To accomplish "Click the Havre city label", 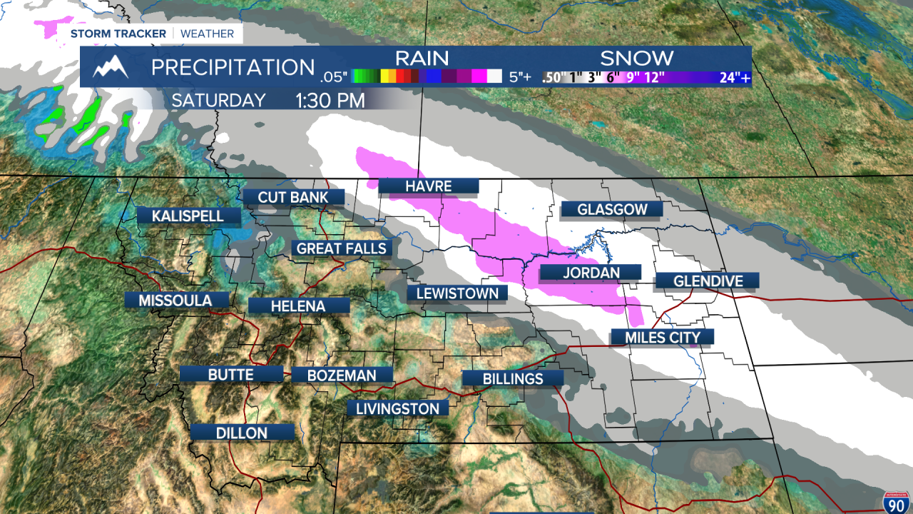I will (428, 186).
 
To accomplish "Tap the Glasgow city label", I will (612, 209).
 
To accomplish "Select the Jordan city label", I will (590, 272).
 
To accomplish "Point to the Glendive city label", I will (707, 281).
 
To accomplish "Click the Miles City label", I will (662, 337).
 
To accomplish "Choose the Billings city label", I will (513, 378).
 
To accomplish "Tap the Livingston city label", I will (398, 408).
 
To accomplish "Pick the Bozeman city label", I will (342, 375).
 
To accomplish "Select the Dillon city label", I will (243, 433).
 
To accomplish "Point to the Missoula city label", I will (175, 301).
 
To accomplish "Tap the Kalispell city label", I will (188, 216).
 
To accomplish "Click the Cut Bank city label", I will (293, 197).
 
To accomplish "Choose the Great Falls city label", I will (342, 248).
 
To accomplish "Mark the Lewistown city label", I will (457, 293).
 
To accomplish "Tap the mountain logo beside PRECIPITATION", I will (111, 67).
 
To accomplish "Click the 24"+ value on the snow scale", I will (734, 78).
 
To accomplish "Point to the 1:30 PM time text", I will (330, 101).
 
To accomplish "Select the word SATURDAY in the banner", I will (218, 101).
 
